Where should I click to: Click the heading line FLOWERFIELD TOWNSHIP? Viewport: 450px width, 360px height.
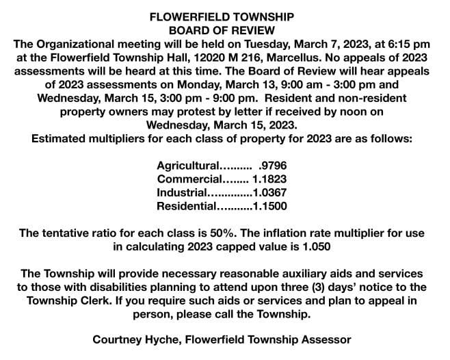click(222, 17)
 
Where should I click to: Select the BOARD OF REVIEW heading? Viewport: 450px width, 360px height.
click(222, 31)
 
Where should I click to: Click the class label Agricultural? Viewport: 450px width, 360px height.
click(187, 166)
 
